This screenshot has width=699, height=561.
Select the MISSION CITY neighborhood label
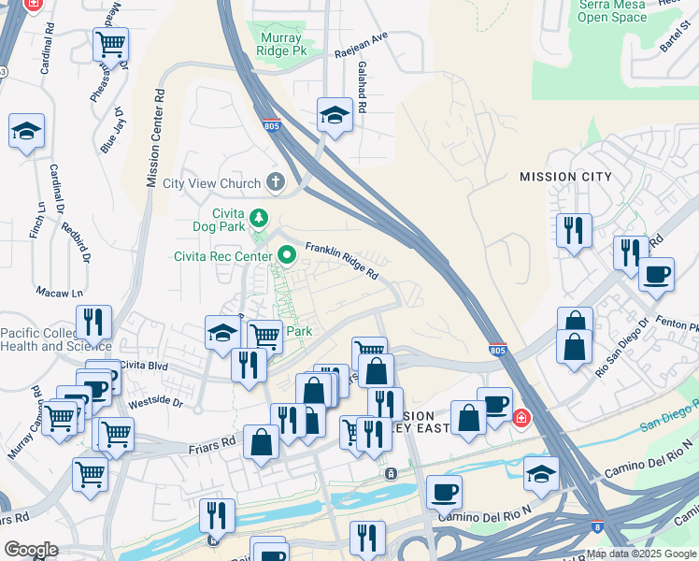[565, 177]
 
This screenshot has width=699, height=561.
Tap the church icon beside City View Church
[275, 181]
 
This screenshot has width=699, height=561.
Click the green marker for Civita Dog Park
[260, 218]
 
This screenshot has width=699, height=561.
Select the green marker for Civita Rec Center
[286, 253]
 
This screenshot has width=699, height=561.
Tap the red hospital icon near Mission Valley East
[521, 417]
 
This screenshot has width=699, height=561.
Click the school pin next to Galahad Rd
[335, 115]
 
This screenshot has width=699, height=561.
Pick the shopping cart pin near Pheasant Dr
[111, 43]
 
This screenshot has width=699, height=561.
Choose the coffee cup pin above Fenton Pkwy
[656, 274]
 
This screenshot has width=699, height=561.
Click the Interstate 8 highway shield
[596, 527]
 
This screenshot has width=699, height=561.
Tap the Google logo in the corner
[31, 550]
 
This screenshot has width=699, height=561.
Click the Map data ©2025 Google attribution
[641, 554]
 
